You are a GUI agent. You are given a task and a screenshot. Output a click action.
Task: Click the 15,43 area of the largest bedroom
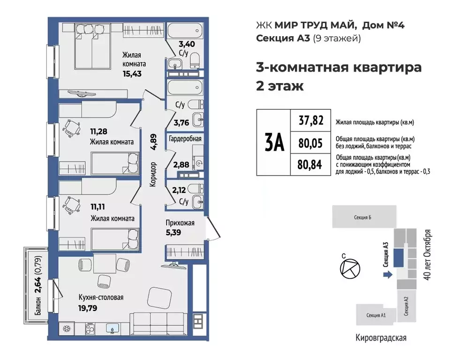132,74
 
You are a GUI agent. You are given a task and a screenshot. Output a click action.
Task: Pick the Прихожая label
180,223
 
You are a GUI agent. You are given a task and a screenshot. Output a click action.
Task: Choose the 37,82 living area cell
311,121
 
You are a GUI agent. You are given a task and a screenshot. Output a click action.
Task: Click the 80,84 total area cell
311,165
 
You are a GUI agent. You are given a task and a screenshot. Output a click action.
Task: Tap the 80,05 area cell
311,143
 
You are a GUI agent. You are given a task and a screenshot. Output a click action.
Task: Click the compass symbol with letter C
349,269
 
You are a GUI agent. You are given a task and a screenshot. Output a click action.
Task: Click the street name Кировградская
380,337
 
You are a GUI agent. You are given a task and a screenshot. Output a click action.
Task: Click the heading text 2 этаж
280,86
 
